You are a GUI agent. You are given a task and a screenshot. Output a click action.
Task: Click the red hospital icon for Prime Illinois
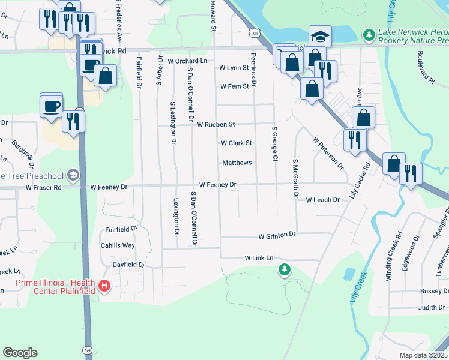(x=105, y=286)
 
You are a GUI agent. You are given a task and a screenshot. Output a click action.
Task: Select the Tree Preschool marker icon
(x=73, y=175)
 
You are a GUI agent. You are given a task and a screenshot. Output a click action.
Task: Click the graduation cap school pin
(x=321, y=36)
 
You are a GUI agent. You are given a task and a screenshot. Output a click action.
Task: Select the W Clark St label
(x=236, y=143)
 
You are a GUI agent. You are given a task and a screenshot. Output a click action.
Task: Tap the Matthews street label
(x=237, y=163)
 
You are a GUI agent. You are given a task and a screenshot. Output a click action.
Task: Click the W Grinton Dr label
(x=277, y=235)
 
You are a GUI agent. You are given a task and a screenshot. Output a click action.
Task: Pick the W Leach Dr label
(x=322, y=200)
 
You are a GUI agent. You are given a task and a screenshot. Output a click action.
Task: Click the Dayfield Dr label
(x=129, y=265)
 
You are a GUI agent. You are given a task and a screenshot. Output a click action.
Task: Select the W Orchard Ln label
(x=187, y=61)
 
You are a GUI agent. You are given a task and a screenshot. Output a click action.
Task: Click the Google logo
(x=20, y=353)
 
